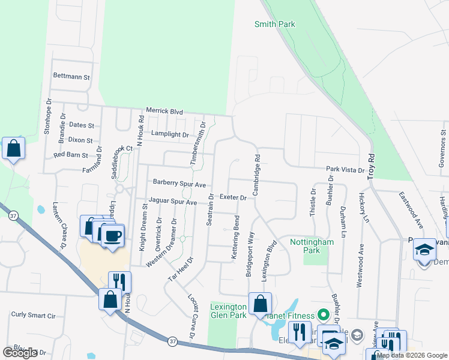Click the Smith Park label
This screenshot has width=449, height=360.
pos(275,24)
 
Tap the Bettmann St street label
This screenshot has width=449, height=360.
pos(71,77)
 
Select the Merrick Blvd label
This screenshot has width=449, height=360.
pos(164,111)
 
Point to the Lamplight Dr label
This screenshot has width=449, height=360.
pos(170,134)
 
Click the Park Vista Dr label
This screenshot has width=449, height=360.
pos(345,170)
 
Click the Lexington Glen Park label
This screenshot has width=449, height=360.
pos(228,310)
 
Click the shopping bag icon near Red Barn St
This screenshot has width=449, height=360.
pos(13,148)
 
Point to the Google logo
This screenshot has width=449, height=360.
pos(20,352)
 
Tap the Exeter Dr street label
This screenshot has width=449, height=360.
pos(233,197)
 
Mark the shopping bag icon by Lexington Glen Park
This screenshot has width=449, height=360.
pos(260,304)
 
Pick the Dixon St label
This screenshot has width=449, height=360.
pos(80,140)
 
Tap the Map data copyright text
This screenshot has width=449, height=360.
pos(411,355)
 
